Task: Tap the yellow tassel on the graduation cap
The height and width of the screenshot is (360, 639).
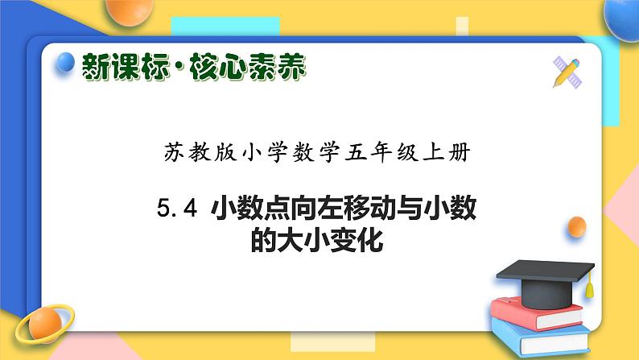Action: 589,283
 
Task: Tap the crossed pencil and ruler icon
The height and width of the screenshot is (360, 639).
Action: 570,71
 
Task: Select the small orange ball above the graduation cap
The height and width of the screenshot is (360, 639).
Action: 576,228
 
